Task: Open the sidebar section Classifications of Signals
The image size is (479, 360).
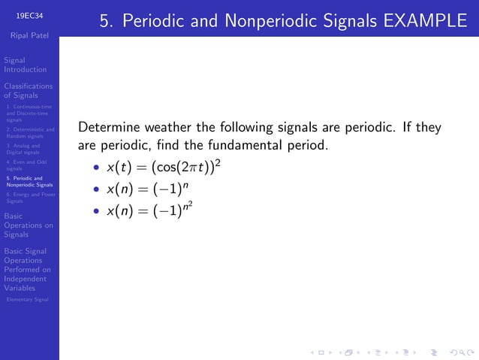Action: click(x=28, y=91)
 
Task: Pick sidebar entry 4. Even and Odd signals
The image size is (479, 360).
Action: click(x=26, y=165)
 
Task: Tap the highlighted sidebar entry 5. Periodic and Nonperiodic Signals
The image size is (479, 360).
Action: click(x=29, y=181)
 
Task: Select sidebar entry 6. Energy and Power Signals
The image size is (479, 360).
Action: click(x=29, y=198)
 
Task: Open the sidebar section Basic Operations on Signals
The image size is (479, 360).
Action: click(x=28, y=225)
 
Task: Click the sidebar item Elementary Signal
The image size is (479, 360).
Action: click(x=27, y=300)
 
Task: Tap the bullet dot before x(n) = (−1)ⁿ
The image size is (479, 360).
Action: click(x=96, y=189)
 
